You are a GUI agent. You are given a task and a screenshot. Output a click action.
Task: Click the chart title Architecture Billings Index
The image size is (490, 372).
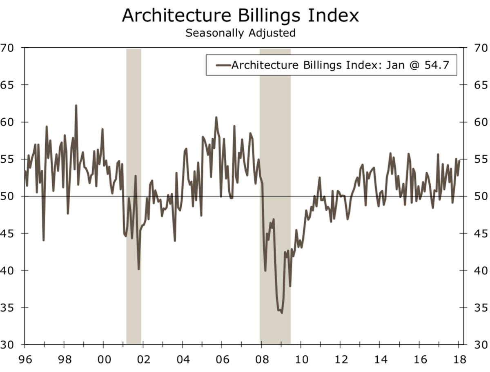[x=240, y=16]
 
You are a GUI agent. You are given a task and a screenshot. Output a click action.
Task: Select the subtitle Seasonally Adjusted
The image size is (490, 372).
[x=240, y=33]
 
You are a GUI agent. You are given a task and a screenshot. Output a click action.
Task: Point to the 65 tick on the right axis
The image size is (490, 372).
[x=476, y=85]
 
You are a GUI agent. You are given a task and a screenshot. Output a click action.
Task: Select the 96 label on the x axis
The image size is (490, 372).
[x=25, y=360]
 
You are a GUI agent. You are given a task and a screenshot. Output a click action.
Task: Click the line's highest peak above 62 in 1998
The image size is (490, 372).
[x=76, y=106]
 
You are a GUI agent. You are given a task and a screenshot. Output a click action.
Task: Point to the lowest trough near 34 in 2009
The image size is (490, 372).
[x=281, y=312]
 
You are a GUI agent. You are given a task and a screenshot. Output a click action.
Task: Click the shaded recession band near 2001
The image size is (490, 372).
[x=134, y=196]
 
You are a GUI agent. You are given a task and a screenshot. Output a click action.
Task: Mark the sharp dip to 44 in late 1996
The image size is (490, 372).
[x=43, y=240]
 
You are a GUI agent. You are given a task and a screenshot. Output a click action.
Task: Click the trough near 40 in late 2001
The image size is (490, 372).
[x=139, y=269]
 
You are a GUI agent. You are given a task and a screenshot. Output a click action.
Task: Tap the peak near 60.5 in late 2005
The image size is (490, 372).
[x=216, y=117]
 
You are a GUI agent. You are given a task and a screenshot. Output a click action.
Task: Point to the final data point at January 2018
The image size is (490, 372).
[x=459, y=161]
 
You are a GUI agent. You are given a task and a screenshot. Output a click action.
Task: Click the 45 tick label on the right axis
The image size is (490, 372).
[x=476, y=233]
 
